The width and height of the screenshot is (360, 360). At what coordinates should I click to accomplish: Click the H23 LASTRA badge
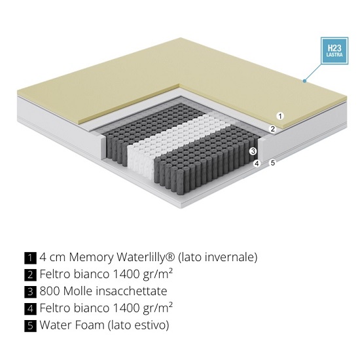(334, 51)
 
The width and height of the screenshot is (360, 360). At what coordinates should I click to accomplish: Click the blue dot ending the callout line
(304, 81)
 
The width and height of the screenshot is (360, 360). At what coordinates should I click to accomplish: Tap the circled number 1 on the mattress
(280, 116)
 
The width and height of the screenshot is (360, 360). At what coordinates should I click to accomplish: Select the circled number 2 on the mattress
(272, 129)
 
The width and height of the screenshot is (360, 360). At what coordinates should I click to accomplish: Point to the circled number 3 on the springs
(253, 151)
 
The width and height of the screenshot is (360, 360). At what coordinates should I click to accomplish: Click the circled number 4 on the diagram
(257, 164)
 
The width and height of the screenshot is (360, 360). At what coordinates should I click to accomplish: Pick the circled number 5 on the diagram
(272, 163)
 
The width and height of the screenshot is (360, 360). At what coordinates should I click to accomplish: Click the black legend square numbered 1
(30, 258)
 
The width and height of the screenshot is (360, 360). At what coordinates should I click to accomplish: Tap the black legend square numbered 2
(30, 275)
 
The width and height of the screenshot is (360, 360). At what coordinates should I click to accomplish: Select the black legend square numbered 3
(30, 292)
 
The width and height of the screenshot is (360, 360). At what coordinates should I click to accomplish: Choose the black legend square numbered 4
(30, 309)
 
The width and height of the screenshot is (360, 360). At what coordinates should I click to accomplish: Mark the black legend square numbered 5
(30, 326)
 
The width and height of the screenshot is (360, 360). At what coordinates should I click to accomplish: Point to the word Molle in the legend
(78, 291)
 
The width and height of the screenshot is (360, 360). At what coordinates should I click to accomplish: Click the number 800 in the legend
(50, 291)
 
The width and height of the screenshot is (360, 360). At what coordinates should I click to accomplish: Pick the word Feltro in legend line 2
(55, 274)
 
